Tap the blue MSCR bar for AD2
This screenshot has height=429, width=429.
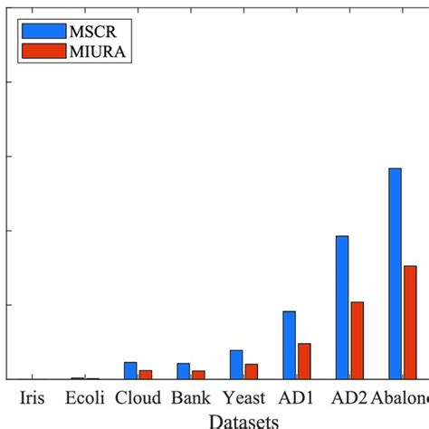[342, 307]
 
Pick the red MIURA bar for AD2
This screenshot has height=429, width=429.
[357, 340]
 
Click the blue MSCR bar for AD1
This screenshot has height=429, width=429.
[289, 345]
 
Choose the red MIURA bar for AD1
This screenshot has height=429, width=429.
[304, 361]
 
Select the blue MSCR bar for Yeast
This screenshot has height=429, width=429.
[236, 364]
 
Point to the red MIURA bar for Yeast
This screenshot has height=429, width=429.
[252, 371]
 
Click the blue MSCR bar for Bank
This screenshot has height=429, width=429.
[183, 371]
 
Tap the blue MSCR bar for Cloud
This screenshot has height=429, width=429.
[130, 370]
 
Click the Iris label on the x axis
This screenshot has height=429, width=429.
[34, 398]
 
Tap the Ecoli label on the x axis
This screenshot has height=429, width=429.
[85, 398]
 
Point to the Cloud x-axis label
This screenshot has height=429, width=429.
[138, 398]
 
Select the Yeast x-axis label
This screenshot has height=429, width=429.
[243, 398]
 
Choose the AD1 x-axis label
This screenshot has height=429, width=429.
[296, 398]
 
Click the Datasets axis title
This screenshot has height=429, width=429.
[243, 420]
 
